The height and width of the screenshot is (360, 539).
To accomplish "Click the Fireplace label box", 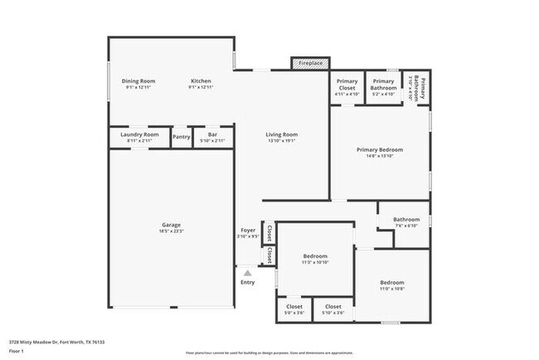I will (x=311, y=63).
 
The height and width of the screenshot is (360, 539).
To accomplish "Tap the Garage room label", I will (x=172, y=225).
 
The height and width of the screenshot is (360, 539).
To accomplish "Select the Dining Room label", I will (x=138, y=81).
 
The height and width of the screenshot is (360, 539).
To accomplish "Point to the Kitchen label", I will (x=202, y=81).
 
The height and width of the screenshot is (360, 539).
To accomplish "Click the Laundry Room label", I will (x=139, y=134).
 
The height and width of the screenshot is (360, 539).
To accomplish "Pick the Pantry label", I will (x=181, y=137).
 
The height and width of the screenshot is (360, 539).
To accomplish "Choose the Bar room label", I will (x=212, y=134).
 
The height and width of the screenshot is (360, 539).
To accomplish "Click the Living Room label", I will (x=281, y=134).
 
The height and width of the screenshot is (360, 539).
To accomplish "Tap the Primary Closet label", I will (x=347, y=84).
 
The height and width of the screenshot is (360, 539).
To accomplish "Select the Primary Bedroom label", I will (x=380, y=150).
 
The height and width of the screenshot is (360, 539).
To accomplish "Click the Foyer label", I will (x=248, y=230).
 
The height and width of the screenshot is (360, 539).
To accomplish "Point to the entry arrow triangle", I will (x=247, y=271).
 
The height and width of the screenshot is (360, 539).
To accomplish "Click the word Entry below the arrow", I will (x=247, y=282).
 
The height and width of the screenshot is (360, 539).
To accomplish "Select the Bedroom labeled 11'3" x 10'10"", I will (x=314, y=256).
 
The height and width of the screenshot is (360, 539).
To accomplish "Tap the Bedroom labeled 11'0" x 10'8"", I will (x=391, y=283).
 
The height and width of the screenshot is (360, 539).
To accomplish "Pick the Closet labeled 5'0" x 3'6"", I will (x=294, y=307).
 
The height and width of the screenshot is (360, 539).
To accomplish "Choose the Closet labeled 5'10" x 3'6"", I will (x=333, y=307).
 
